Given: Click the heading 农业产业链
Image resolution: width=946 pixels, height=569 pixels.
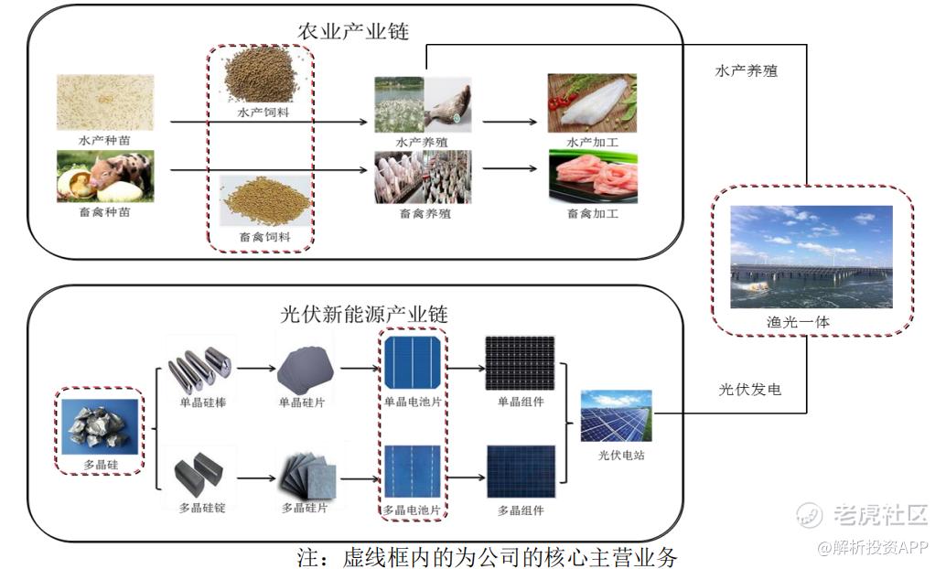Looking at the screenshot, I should [353, 31].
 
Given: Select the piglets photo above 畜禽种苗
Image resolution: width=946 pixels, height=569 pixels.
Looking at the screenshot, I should [105, 177].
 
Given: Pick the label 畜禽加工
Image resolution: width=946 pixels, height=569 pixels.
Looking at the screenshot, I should [593, 214].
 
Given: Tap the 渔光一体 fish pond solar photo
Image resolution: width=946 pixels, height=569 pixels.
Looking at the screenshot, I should [812, 257].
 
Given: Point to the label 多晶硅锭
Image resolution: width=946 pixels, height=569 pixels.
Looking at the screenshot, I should [200, 507].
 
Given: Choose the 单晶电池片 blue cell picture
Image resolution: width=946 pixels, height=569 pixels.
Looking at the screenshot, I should [413, 363].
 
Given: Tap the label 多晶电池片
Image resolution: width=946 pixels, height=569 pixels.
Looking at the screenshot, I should [413, 509].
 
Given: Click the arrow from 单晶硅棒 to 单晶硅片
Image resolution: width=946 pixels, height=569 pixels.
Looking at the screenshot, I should [256, 370].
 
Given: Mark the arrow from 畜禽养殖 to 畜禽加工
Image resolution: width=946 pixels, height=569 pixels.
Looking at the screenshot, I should [508, 168].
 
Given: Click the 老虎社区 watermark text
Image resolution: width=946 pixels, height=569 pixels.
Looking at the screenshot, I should [878, 515].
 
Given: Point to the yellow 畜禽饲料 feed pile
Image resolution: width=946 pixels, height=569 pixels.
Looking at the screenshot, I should [261, 201].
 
